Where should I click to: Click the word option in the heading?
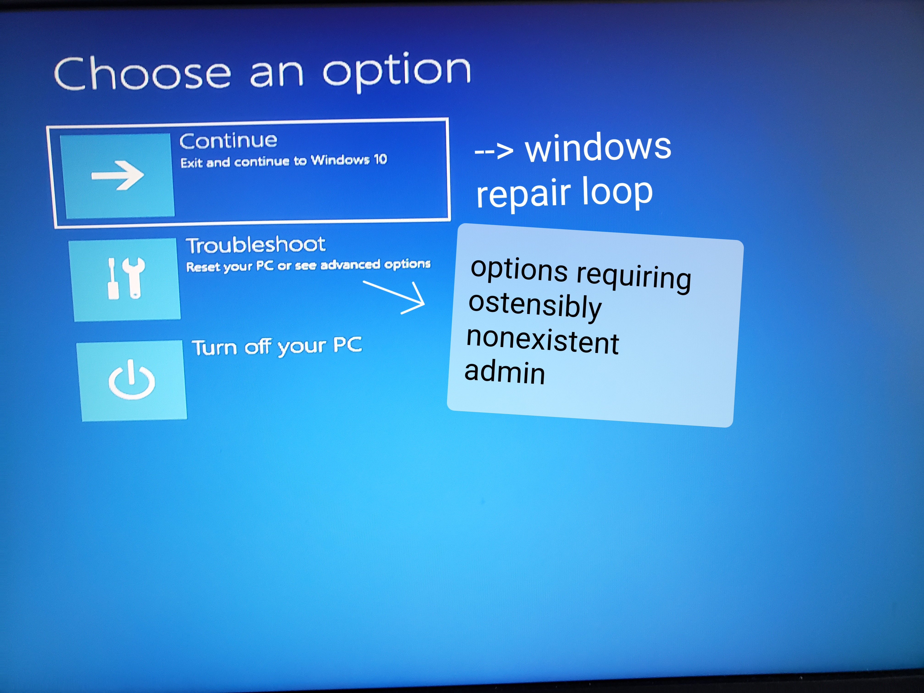click(397, 71)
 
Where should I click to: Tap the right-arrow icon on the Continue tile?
click(118, 175)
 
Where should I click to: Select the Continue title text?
click(228, 141)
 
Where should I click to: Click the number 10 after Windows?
click(380, 159)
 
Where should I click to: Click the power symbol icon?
click(132, 379)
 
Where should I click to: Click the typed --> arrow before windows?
click(494, 150)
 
